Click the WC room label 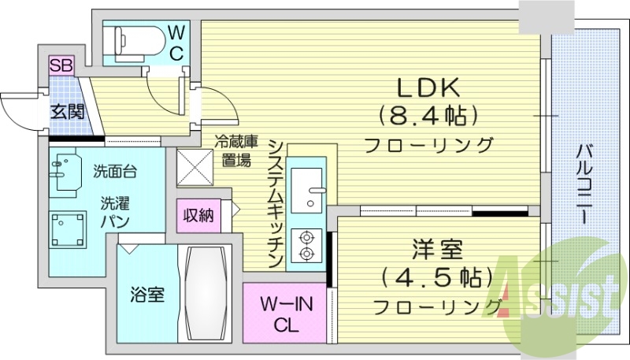[176, 43]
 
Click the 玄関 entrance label [67, 111]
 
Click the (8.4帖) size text [428, 117]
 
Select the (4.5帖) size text [436, 278]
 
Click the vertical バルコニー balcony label [584, 183]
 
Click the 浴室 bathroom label [146, 295]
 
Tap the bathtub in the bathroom [208, 296]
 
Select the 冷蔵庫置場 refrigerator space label [236, 153]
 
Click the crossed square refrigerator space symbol [194, 167]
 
